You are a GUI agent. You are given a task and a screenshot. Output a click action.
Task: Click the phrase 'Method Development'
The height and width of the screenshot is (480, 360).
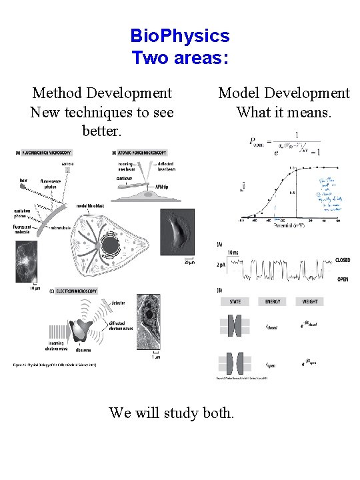point(101,93)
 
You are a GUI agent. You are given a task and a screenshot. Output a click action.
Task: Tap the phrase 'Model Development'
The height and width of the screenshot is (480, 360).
point(284,93)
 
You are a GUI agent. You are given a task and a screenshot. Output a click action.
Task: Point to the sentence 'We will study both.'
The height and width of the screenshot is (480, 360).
point(171,413)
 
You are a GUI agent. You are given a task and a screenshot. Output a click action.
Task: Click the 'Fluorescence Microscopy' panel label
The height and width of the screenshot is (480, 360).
point(42,152)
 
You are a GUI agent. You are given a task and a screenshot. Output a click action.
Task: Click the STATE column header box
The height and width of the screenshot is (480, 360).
point(235,301)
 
